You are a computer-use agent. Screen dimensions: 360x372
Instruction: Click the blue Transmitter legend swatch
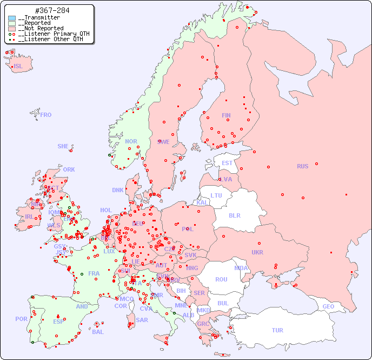[12, 18]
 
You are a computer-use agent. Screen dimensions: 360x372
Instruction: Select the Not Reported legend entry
[41, 28]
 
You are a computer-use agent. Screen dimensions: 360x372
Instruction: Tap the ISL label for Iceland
[18, 67]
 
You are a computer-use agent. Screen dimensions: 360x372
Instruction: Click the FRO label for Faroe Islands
[46, 115]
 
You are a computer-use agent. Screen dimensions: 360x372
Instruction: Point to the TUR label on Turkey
[277, 330]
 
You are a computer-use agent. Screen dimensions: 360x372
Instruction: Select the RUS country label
[302, 166]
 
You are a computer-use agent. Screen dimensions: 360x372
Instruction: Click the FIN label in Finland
[226, 115]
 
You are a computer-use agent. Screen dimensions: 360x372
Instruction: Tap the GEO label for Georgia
[328, 306]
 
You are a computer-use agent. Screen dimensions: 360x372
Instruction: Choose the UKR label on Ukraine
[257, 252]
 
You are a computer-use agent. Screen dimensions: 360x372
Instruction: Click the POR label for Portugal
[21, 319]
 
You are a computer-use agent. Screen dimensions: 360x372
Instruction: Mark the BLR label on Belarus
[235, 215]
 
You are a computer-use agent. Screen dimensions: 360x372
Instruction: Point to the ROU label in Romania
[221, 279]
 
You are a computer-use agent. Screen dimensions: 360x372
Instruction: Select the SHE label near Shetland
[63, 146]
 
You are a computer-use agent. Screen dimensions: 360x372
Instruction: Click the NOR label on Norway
[131, 141]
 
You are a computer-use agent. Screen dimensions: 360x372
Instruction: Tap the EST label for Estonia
[227, 163]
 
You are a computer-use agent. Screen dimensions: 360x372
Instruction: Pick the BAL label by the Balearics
[97, 332]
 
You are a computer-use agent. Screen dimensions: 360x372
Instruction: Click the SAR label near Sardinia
[142, 320]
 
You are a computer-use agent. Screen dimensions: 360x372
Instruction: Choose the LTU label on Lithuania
[216, 195]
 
